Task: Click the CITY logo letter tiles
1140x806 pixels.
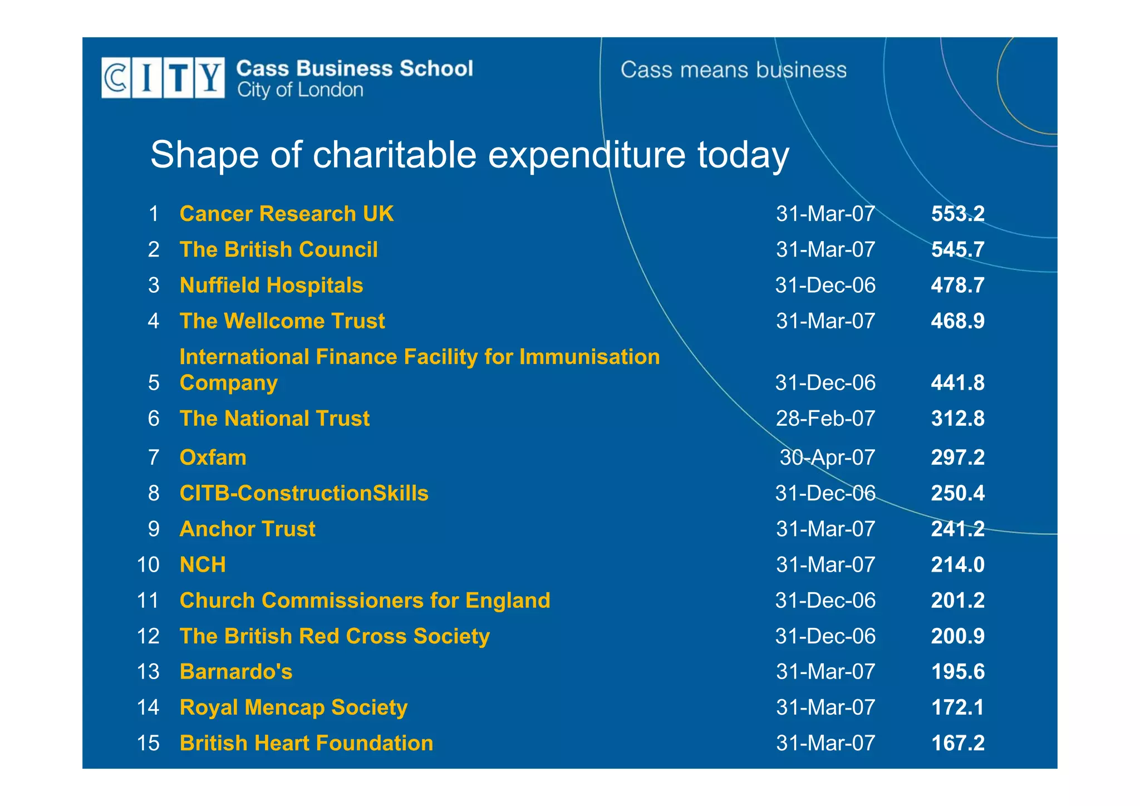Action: point(163,78)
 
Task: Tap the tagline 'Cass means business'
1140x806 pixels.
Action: point(733,70)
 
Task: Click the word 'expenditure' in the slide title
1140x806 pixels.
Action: point(586,155)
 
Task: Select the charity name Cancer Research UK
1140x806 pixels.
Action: point(286,214)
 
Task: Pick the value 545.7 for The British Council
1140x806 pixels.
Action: point(957,250)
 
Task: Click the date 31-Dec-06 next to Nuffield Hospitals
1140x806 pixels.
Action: point(825,286)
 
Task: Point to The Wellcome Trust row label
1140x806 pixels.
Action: point(282,321)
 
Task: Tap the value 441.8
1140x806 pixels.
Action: point(957,383)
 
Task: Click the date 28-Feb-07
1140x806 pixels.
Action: point(825,419)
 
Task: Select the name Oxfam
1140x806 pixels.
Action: point(213,458)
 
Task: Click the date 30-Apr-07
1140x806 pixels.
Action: point(827,458)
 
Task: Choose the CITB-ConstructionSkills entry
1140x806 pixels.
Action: point(303,494)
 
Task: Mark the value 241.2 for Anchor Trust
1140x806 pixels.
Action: point(957,529)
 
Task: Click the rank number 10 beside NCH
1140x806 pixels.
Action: point(148,565)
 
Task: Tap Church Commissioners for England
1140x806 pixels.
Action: point(365,601)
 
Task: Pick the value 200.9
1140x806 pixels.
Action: point(957,636)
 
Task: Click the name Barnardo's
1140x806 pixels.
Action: point(236,672)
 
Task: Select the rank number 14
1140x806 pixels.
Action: point(148,707)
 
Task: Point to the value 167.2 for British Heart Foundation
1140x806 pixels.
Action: point(957,743)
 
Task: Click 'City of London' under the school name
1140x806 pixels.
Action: point(300,90)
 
